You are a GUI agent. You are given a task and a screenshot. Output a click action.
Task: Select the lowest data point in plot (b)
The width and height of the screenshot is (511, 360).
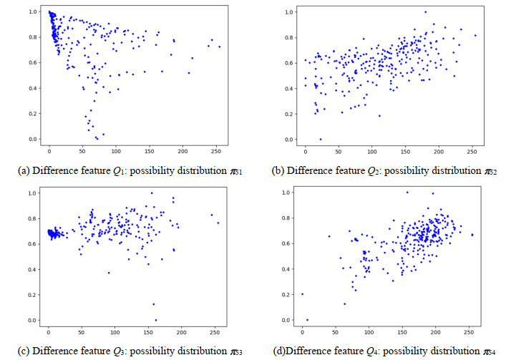[320, 139]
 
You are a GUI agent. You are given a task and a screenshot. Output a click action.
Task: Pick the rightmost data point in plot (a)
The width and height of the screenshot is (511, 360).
[220, 47]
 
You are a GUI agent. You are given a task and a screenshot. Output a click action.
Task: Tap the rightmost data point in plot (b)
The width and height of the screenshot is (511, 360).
[475, 35]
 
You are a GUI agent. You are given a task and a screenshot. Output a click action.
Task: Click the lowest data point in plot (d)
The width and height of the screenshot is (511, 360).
[308, 320]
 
